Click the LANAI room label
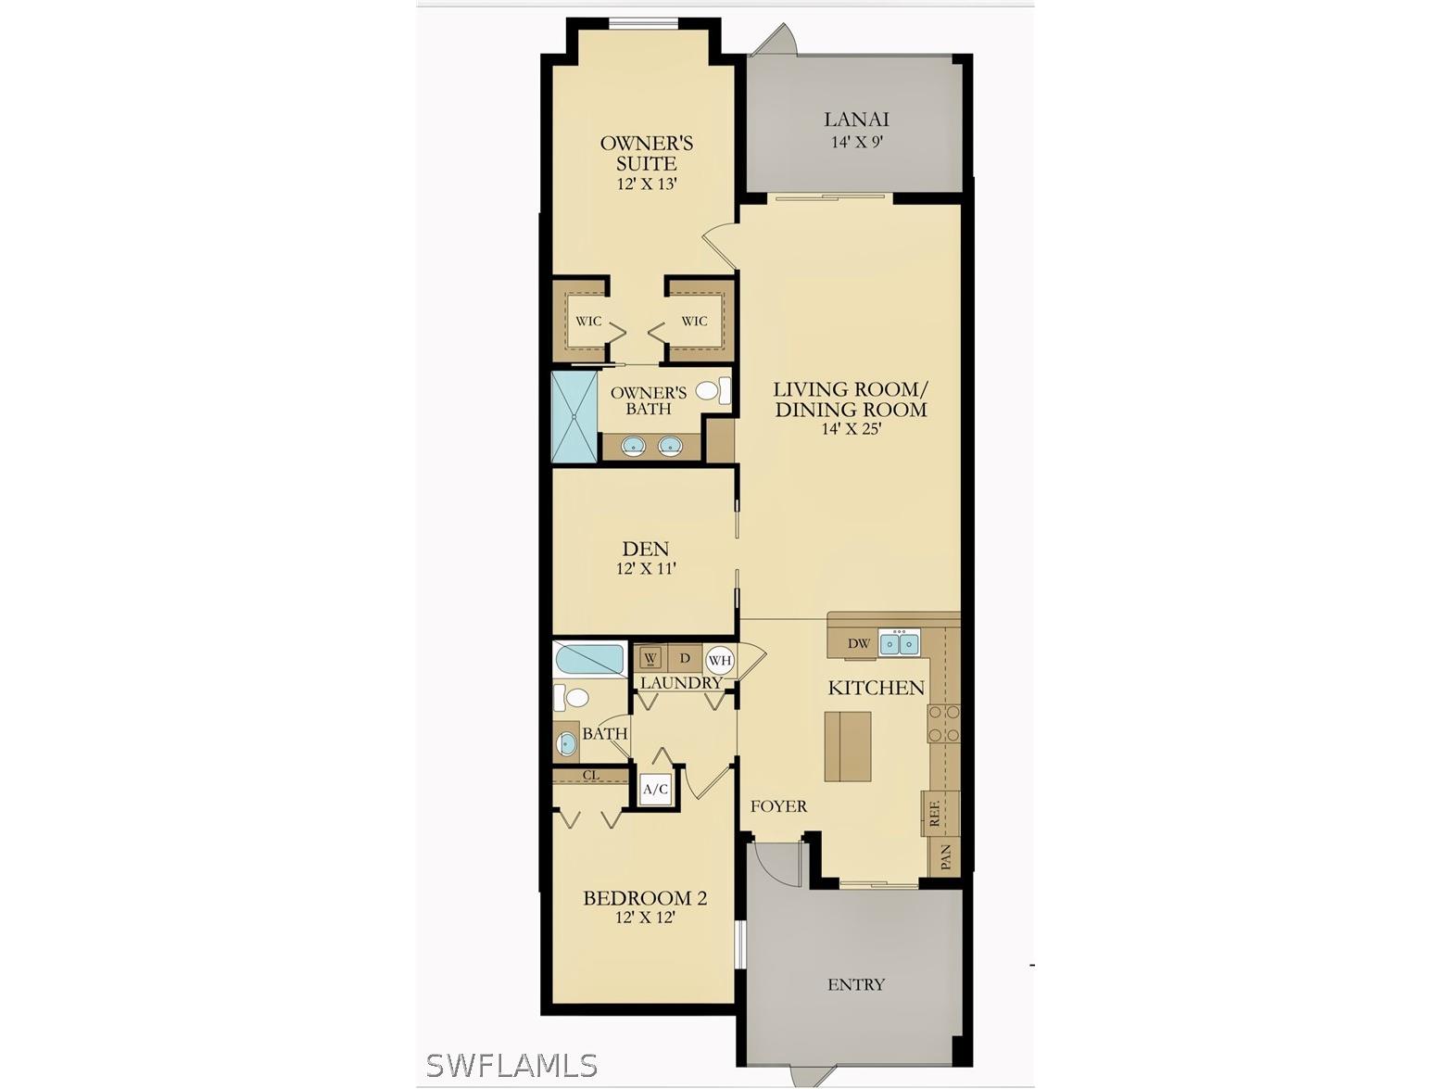coord(856,120)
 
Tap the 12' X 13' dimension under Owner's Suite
coord(647,184)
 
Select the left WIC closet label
coord(588,322)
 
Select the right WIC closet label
coord(694,322)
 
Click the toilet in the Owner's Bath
coord(712,390)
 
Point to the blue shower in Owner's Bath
coord(574,416)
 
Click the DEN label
coord(646,550)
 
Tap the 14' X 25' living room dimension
coord(850,429)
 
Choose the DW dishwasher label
coord(859,643)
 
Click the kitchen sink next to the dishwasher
coord(899,642)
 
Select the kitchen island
coord(848,746)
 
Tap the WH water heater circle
coord(720,661)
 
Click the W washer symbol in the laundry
coord(650,658)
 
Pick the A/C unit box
coord(656,790)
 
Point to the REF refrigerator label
coord(934,814)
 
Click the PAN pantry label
coord(945,857)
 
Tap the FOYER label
coord(778,806)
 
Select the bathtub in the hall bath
coord(590,659)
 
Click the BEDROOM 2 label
coord(645,898)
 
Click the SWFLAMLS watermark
coord(511,1065)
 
